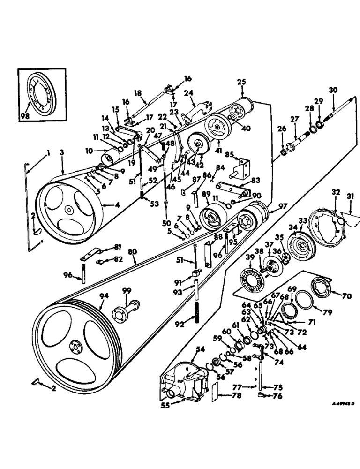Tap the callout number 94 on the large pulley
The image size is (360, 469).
[x=103, y=296]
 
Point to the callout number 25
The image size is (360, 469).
[x=241, y=82]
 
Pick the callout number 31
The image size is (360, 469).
[x=350, y=197]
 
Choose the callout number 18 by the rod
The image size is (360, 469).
[x=138, y=94]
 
